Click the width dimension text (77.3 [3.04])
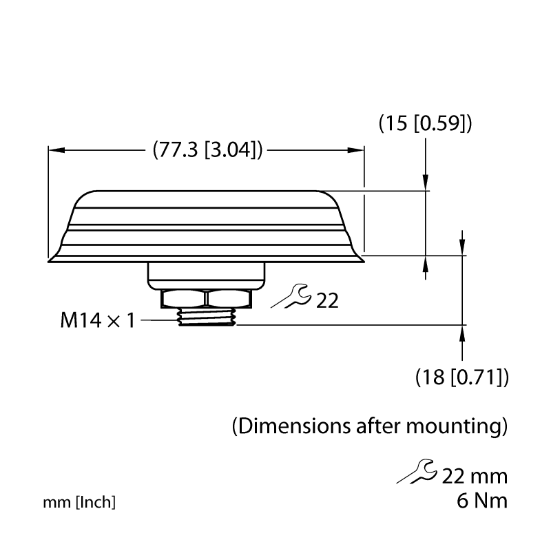click(207, 150)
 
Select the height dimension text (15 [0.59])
click(425, 124)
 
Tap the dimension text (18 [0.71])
click(461, 377)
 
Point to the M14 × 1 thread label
click(97, 320)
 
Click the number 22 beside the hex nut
click(327, 301)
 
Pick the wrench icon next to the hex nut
click(291, 297)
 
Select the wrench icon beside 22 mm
click(417, 471)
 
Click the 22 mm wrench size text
click(475, 477)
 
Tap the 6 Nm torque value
click(482, 501)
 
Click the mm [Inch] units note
click(79, 503)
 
